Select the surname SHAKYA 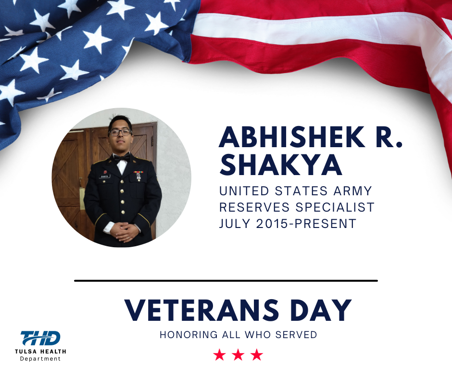click(x=281, y=164)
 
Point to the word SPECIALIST click(x=335, y=207)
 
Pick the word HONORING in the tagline click(x=189, y=335)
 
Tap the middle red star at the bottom click(x=238, y=355)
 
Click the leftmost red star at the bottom click(x=220, y=355)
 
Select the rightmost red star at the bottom click(x=257, y=355)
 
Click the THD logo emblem click(x=40, y=338)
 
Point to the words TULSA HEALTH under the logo click(x=40, y=352)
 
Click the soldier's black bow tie click(x=122, y=158)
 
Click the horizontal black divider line click(x=226, y=281)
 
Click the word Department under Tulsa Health click(x=40, y=359)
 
